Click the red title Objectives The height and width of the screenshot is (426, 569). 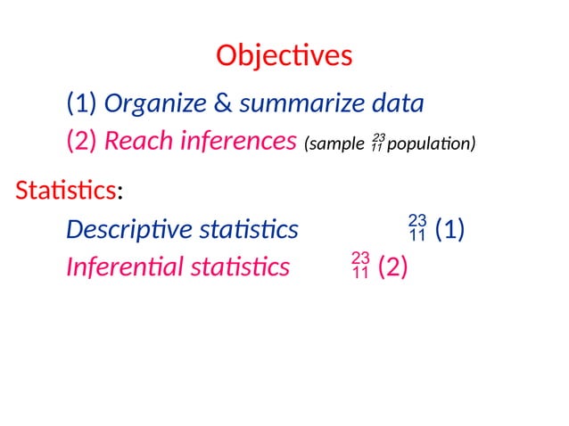(x=284, y=55)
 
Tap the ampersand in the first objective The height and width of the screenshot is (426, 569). (x=223, y=104)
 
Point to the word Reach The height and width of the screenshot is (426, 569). (x=136, y=141)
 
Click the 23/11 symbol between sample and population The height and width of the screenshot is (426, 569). (x=377, y=141)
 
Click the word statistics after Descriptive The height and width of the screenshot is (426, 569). (x=249, y=230)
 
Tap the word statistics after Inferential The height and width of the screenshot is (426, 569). (x=240, y=266)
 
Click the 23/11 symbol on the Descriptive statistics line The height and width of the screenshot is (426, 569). (x=417, y=228)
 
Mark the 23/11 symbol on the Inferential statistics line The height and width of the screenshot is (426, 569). (x=361, y=266)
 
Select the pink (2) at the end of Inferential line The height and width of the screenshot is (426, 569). (x=393, y=266)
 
